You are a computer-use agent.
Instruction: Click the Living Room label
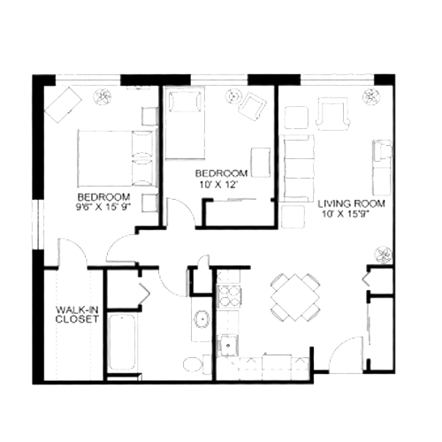pos(351,203)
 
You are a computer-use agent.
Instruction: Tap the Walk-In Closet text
pos(77,315)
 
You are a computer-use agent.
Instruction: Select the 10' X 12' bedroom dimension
pos(218,185)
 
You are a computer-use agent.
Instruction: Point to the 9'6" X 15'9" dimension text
pos(103,207)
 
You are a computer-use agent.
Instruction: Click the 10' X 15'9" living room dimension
pos(346,214)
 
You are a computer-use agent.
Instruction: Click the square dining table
pos(295,297)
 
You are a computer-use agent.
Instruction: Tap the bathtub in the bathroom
pos(122,342)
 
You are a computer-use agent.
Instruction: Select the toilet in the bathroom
pos(197,364)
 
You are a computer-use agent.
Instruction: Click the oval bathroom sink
pos(202,318)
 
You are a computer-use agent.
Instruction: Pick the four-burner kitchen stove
pos(229,296)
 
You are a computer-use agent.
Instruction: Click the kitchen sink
pos(227,346)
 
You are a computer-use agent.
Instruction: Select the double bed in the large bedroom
pos(117,158)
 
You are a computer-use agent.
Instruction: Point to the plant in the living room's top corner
pos(370,95)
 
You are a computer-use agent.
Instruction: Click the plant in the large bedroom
pos(103,96)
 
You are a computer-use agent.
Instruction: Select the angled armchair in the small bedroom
pos(252,106)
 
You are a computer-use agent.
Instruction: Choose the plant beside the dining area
pos(384,255)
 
